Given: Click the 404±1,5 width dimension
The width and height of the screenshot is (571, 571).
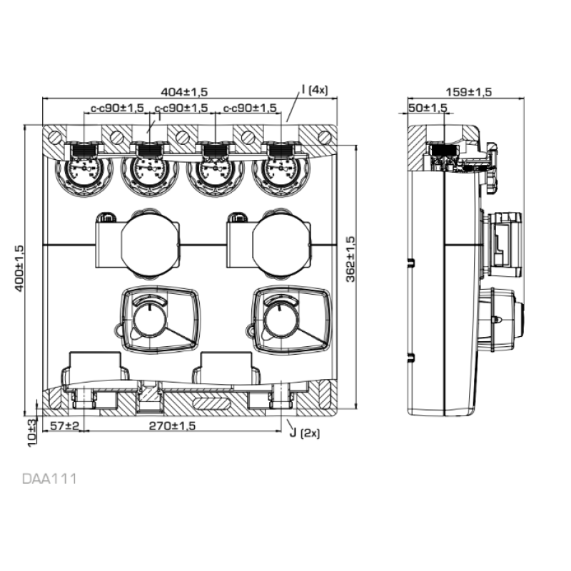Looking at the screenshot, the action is (x=184, y=92).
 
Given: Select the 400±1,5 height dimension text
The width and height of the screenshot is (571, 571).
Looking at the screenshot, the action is (x=19, y=268).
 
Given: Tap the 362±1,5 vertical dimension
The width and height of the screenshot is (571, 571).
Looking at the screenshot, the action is (x=350, y=259).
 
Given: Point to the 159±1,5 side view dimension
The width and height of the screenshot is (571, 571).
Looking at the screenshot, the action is (x=469, y=92).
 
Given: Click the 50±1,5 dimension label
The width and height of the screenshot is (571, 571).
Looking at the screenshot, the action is (x=428, y=108).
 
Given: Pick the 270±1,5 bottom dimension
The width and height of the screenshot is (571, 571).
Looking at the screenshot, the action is (x=172, y=425).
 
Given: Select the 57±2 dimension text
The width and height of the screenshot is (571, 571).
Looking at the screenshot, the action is (x=64, y=425).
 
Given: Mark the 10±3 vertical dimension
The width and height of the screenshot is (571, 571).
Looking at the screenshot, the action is (x=32, y=433).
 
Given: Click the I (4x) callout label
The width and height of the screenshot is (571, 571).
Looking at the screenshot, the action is (x=315, y=90).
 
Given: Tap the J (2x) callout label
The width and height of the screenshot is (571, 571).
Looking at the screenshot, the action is (x=305, y=433).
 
